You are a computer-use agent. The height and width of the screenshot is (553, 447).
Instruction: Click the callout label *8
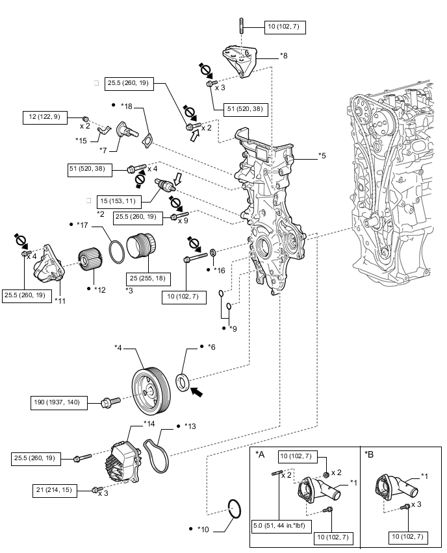coord(283,56)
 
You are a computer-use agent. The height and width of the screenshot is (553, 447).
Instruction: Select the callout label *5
coord(323,156)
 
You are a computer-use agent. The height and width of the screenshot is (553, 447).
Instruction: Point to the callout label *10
coord(203,529)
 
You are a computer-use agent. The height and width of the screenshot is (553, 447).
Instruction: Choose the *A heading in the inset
coord(261,454)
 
